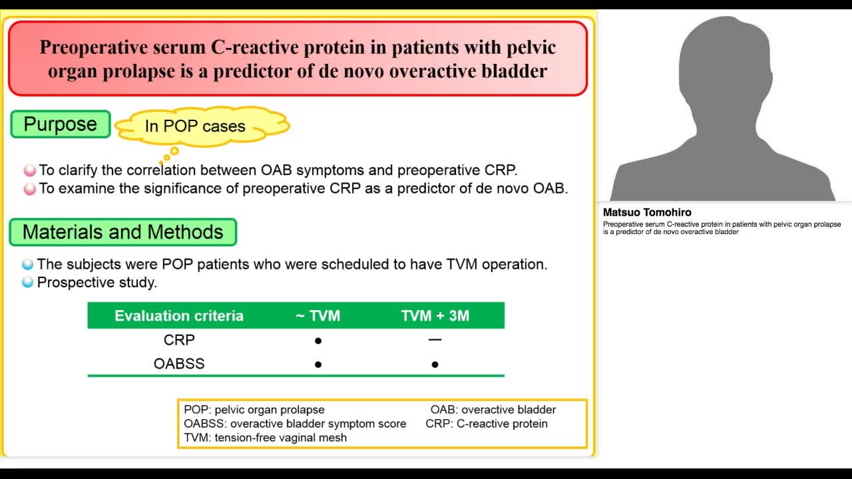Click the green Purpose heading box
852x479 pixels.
coord(61,124)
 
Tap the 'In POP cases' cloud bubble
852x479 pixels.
coord(195,126)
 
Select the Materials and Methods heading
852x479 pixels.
coord(122,232)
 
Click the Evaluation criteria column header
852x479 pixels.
coord(179,315)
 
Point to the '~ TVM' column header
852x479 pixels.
coord(318,315)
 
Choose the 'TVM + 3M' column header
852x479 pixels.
coord(435,315)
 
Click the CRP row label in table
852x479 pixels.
coord(179,340)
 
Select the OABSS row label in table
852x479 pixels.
coord(179,364)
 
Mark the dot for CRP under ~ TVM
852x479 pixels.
coord(318,341)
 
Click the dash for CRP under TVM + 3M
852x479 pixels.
coord(435,339)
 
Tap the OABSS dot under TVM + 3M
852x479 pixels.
coord(435,365)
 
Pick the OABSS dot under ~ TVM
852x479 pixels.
coord(318,365)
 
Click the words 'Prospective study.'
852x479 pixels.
coord(97,282)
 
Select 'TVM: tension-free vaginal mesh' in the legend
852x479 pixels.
coord(265,437)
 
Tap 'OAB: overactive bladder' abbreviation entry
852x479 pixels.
coord(493,410)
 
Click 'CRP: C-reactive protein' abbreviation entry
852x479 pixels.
coord(487,423)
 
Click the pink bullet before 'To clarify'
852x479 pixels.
coord(30,171)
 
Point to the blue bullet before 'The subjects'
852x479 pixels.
coord(28,265)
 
